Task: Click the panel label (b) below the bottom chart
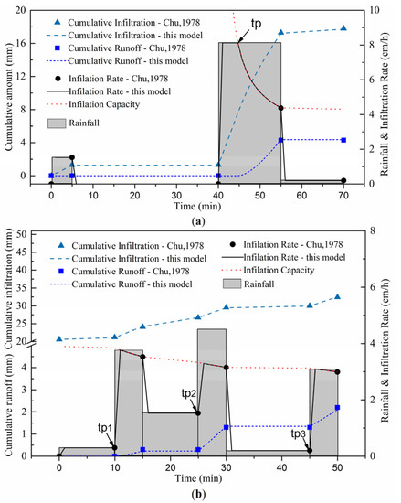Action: [x=198, y=493]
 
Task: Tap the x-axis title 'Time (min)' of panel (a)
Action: [x=198, y=207]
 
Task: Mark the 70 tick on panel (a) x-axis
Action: [x=343, y=195]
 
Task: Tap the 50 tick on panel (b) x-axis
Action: [x=337, y=466]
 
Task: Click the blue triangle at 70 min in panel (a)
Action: [x=343, y=28]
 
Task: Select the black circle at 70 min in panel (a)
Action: [x=343, y=181]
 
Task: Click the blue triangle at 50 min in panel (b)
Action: [x=337, y=297]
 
